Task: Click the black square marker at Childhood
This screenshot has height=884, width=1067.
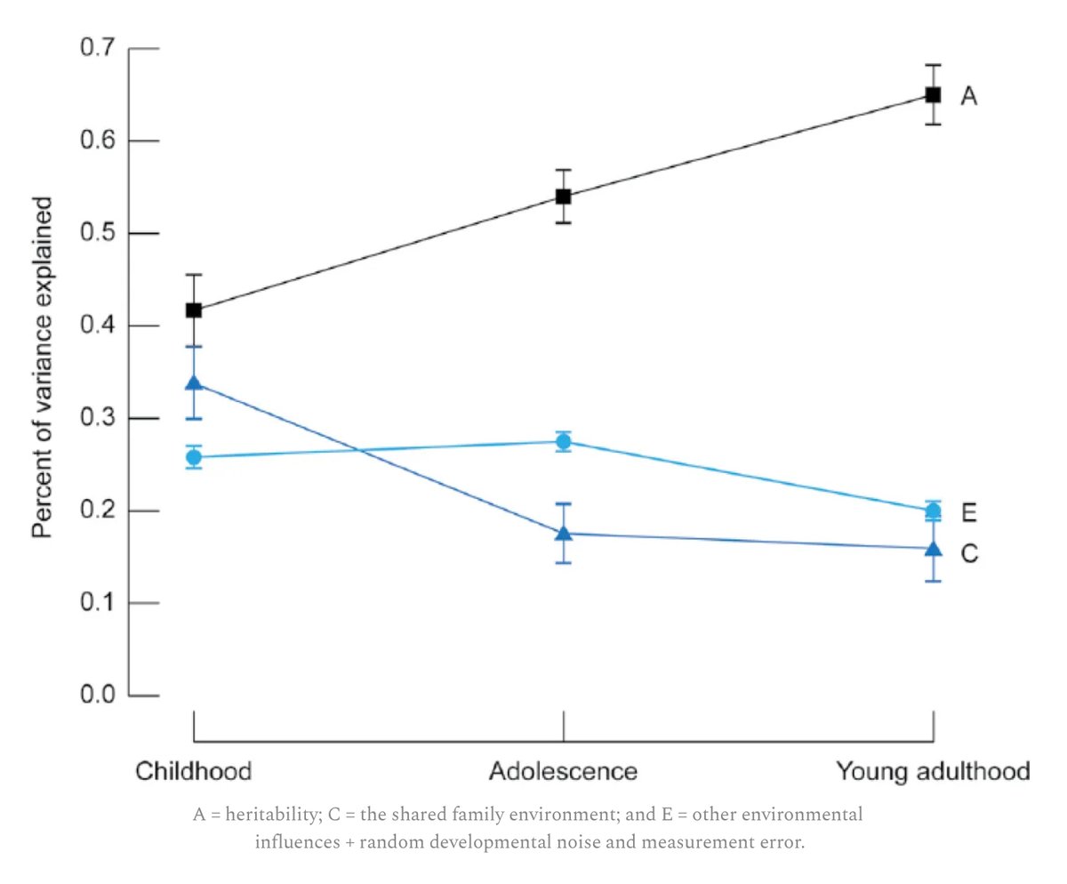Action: pyautogui.click(x=193, y=310)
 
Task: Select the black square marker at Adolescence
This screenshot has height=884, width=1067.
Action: pyautogui.click(x=563, y=196)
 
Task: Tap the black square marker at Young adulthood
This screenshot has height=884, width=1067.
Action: pyautogui.click(x=933, y=94)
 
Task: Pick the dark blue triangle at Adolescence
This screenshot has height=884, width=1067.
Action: pyautogui.click(x=563, y=533)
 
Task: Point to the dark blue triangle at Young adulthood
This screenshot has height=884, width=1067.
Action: pyautogui.click(x=933, y=549)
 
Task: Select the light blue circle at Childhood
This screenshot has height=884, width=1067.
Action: pyautogui.click(x=193, y=457)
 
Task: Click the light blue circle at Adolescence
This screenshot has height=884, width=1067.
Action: pyautogui.click(x=563, y=441)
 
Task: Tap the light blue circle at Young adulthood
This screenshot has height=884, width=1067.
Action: pyautogui.click(x=933, y=510)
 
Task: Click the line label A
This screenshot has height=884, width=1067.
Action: pyautogui.click(x=968, y=96)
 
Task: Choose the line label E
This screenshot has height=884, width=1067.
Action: pyautogui.click(x=969, y=513)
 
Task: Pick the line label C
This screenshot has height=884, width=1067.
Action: pyautogui.click(x=969, y=553)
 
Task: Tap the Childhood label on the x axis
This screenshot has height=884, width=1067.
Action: pyautogui.click(x=193, y=770)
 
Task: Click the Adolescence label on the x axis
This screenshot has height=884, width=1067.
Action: pyautogui.click(x=563, y=770)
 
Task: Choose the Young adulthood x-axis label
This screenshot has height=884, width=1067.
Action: pyautogui.click(x=933, y=770)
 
